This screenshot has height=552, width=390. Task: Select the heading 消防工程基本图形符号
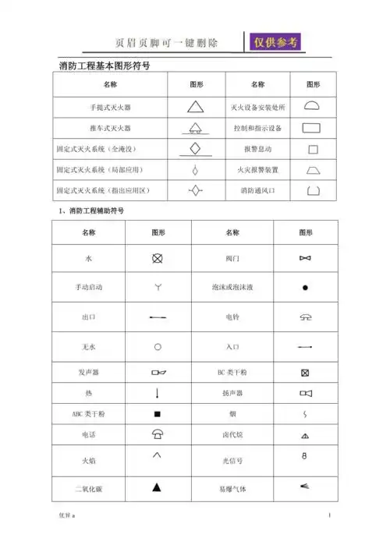click(x=105, y=66)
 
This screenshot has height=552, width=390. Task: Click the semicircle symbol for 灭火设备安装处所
click(x=312, y=105)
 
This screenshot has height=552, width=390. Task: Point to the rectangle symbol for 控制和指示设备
click(x=312, y=127)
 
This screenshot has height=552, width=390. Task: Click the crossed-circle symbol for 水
click(x=157, y=257)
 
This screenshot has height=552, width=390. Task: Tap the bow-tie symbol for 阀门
click(x=305, y=257)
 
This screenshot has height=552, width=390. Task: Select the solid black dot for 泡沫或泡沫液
click(x=306, y=288)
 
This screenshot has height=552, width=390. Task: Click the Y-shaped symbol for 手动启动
click(x=157, y=288)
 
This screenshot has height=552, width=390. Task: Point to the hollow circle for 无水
click(x=157, y=346)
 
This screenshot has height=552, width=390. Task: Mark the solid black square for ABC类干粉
click(x=157, y=414)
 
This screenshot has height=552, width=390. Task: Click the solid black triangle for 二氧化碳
click(x=157, y=488)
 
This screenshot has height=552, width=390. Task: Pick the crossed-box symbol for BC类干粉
click(x=305, y=373)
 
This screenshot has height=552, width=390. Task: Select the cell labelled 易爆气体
click(x=232, y=489)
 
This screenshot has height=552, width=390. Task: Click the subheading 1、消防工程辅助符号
click(x=91, y=211)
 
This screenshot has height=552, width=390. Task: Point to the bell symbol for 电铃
click(x=305, y=317)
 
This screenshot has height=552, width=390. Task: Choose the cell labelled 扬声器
click(x=232, y=393)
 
